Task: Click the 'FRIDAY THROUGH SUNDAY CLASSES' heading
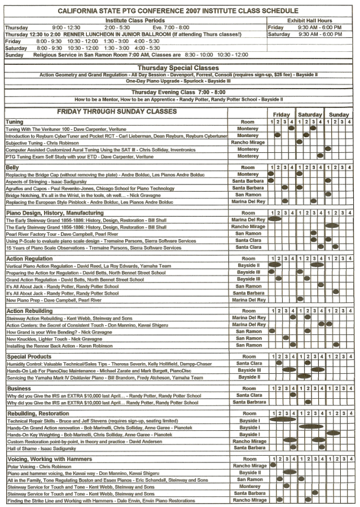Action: pos(117,112)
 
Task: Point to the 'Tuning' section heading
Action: pos(15,122)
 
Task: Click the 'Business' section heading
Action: pos(19,389)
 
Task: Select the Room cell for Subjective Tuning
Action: pos(248,143)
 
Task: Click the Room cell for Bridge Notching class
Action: pos(248,195)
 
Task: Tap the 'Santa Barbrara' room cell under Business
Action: pos(248,402)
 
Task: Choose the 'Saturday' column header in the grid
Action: pos(310,114)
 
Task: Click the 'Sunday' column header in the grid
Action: pos(339,114)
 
